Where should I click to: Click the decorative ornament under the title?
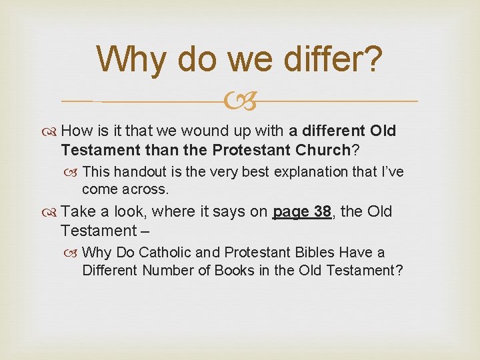point(240,101)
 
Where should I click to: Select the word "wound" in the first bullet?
point(217,131)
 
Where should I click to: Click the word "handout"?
point(145,171)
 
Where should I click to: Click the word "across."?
point(146,189)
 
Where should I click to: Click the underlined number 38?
point(321,212)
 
